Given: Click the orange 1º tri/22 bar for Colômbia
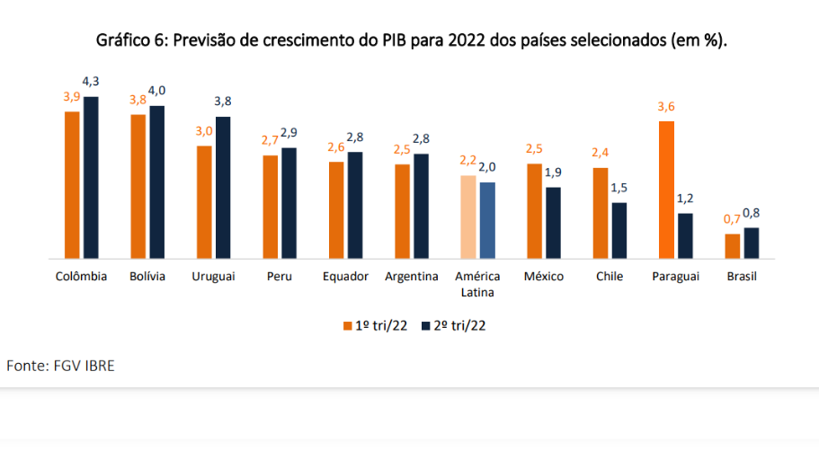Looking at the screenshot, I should pos(72,184).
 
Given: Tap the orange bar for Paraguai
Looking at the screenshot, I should pos(666,190).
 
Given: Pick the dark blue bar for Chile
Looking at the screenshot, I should pos(619,230).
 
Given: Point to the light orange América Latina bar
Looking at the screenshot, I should pos(467,217).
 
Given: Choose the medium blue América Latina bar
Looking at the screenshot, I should pos(487,220).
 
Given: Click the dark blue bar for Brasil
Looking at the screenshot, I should pos(752,243).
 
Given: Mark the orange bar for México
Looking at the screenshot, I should pos(534,211).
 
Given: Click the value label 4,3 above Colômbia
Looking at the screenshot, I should pos(92,84).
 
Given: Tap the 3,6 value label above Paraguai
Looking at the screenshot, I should pos(666,107).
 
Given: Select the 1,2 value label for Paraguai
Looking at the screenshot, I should pos(685,199).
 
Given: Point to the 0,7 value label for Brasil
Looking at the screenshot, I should pos(732,219).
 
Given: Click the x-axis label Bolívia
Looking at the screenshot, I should pos(147,277).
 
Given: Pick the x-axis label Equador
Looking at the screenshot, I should pos(346,277).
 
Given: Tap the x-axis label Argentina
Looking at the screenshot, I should pos(412,277).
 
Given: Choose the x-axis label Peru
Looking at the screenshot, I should pos(280,277).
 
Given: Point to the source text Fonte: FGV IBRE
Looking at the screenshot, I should pos(61,366).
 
